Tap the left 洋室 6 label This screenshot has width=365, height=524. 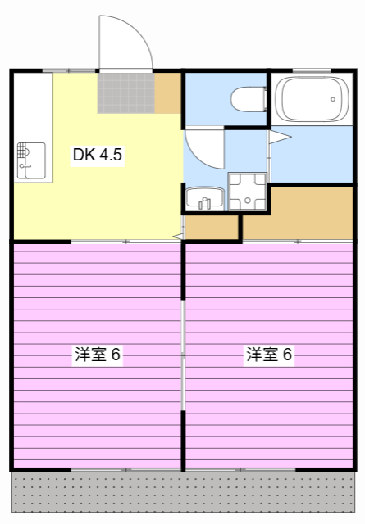[98, 355]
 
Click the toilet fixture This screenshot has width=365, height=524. [249, 99]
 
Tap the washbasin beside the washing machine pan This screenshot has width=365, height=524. [204, 196]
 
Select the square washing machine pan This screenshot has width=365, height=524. [247, 192]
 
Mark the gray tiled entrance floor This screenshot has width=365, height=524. [125, 93]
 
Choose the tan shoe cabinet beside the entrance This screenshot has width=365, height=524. [167, 93]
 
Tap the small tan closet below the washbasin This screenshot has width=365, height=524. [212, 228]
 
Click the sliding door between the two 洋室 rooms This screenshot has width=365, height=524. [183, 356]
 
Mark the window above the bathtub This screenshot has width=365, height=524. [310, 70]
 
